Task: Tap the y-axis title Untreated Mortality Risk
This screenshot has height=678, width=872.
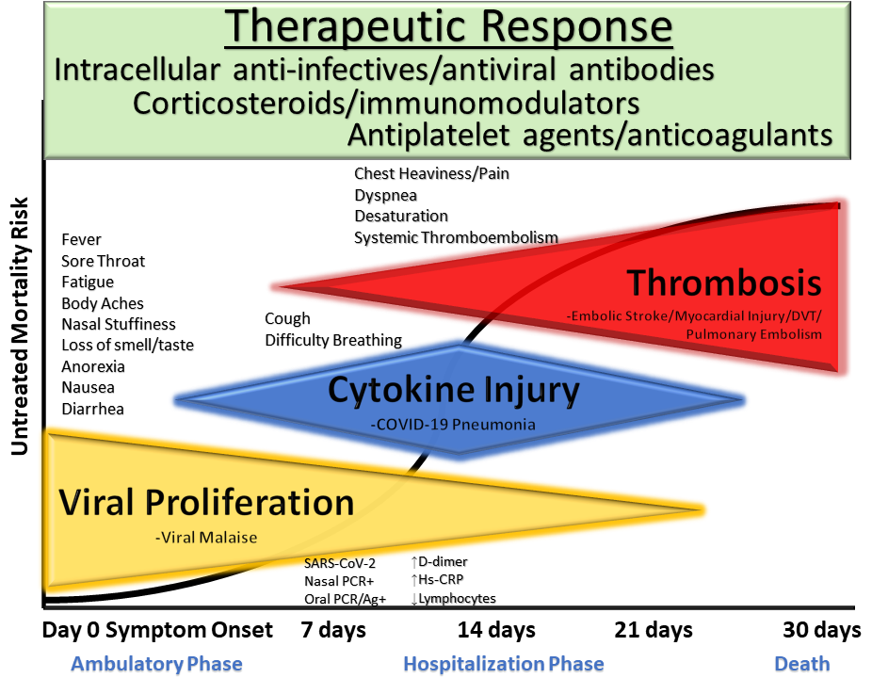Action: pos(20,326)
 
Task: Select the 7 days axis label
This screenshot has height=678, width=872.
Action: pos(333,630)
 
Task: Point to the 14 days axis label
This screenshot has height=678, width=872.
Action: pos(496,630)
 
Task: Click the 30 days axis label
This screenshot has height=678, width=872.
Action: pos(822,630)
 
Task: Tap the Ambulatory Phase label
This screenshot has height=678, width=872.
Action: pos(156,664)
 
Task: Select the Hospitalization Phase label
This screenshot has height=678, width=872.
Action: pos(504,664)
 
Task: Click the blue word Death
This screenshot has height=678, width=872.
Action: pos(802,664)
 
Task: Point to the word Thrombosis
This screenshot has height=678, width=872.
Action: pos(725,282)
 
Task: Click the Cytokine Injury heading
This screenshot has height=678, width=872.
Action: pos(453,390)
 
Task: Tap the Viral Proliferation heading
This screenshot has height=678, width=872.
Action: pos(206,503)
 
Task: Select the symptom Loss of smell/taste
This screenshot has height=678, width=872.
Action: pos(127,346)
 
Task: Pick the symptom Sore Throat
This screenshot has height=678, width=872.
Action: pos(104,261)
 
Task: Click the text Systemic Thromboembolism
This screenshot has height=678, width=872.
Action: pos(456,237)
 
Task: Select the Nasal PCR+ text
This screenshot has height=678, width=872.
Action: pos(338,581)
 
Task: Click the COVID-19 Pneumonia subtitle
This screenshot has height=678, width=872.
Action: pos(453,425)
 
